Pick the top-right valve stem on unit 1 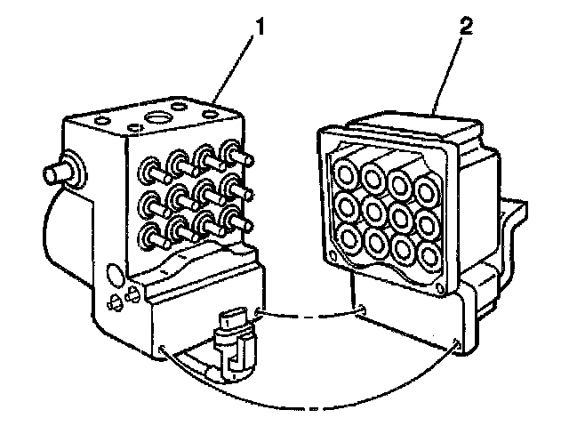pyautogui.click(x=234, y=150)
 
